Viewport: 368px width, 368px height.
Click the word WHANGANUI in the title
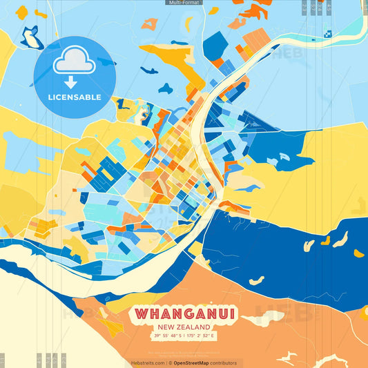tap(184, 314)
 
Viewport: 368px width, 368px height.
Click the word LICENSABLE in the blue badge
tap(75, 97)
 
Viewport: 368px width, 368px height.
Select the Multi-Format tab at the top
tap(184, 3)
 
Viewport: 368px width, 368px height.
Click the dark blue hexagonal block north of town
tap(215, 46)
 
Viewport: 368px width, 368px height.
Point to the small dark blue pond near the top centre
tap(165, 88)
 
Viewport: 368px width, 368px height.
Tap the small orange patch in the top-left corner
tap(22, 12)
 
